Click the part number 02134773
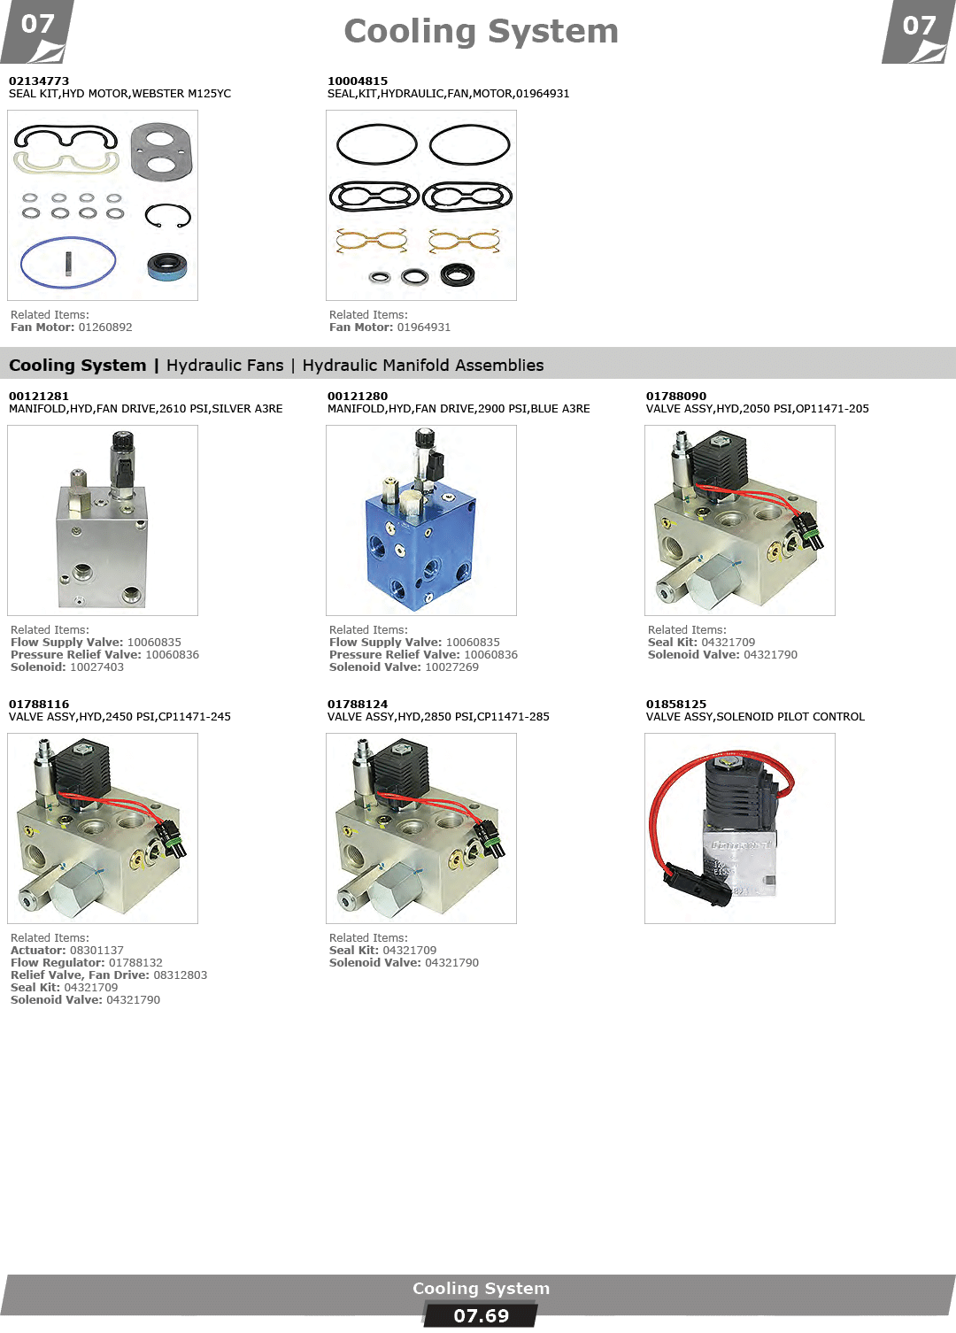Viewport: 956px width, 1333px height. [39, 81]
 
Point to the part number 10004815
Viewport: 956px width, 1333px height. [357, 81]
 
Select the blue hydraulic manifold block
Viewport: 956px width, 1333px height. [420, 548]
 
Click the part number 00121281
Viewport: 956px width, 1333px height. [39, 397]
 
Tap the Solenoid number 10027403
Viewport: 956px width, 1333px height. [96, 667]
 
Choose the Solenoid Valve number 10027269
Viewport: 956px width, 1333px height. [451, 667]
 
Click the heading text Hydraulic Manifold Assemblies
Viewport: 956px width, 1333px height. [423, 366]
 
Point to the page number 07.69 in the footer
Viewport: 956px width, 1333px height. [481, 1316]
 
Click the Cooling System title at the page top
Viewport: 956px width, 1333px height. [481, 31]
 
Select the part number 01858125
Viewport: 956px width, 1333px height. [676, 704]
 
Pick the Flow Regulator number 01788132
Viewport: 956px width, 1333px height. [135, 963]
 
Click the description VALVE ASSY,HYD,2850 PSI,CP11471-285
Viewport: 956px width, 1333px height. [438, 717]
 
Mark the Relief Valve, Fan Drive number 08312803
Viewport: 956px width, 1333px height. [181, 975]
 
